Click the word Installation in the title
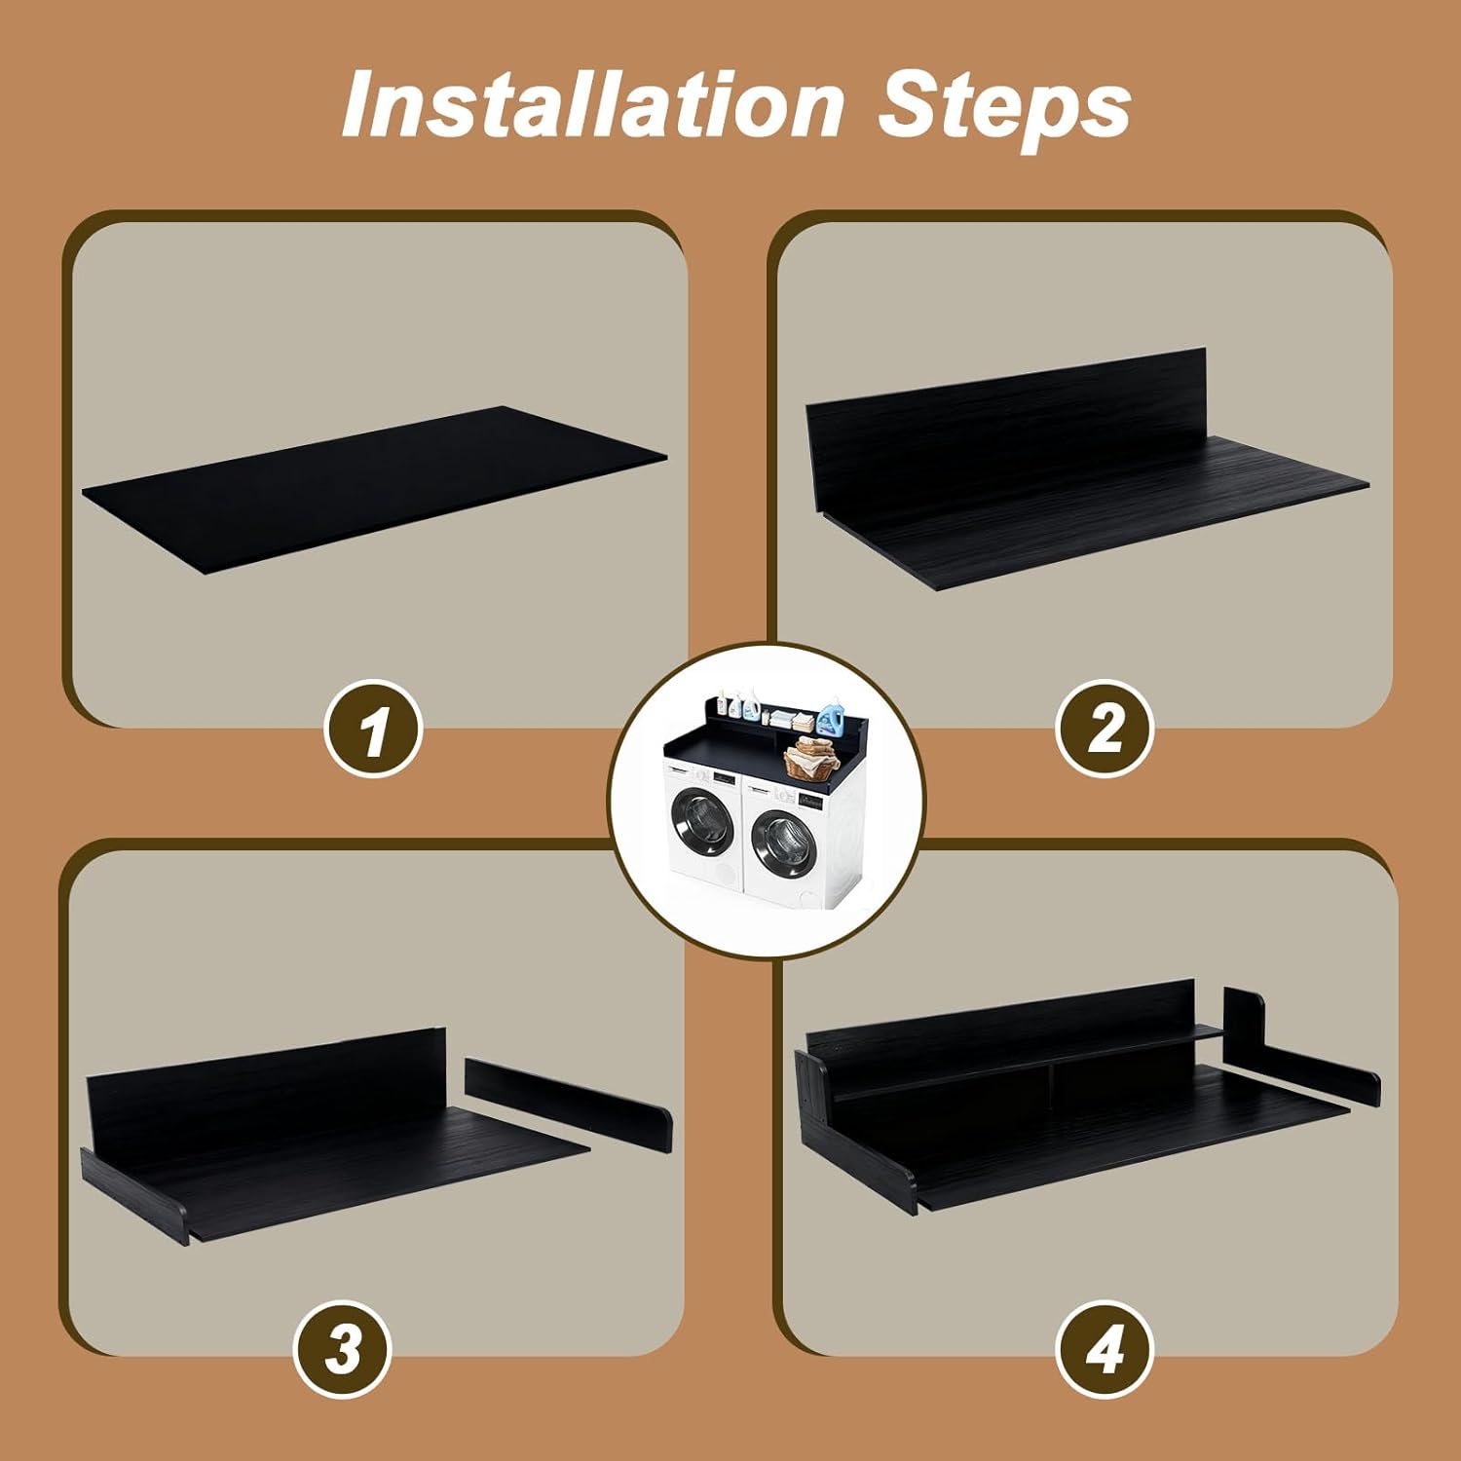[592, 105]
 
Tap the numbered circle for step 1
[373, 728]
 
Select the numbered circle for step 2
[1105, 728]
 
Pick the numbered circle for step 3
[343, 1350]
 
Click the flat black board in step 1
[375, 489]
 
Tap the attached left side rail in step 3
[133, 1196]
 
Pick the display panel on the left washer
[724, 777]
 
